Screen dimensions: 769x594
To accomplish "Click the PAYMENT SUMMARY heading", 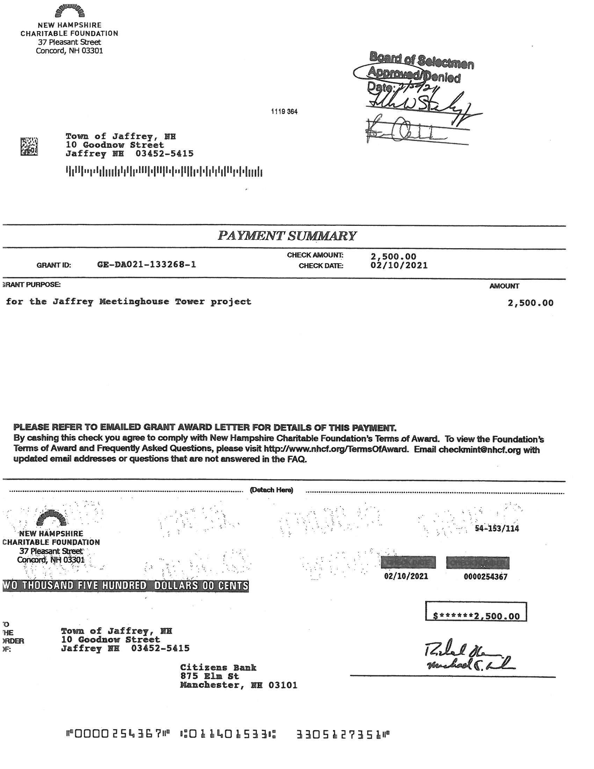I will click(x=287, y=236).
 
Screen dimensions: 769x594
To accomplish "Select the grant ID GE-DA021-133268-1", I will click(x=146, y=265).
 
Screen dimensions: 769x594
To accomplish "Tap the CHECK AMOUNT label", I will click(x=315, y=255).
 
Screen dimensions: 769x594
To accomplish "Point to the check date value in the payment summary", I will click(x=399, y=266).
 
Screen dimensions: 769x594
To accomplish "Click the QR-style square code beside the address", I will click(x=29, y=146).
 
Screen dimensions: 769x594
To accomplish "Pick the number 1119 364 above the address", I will click(x=284, y=112).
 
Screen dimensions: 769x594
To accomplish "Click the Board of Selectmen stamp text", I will click(x=422, y=60).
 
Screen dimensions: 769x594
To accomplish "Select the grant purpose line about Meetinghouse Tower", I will click(x=129, y=302).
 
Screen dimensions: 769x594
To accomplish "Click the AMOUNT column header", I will click(x=504, y=286).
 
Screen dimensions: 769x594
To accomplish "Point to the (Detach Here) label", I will click(x=271, y=490).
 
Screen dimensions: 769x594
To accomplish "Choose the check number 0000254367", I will click(x=486, y=576).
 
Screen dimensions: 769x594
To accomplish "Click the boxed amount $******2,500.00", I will click(x=476, y=616).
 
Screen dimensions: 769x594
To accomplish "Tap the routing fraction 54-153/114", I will click(x=497, y=529).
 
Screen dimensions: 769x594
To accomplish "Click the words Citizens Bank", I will click(x=218, y=668).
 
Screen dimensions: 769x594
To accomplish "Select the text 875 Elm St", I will click(x=209, y=676).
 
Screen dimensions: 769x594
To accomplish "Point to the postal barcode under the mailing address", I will click(x=164, y=172).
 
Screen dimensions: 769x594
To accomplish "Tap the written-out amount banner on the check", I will click(x=126, y=585).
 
